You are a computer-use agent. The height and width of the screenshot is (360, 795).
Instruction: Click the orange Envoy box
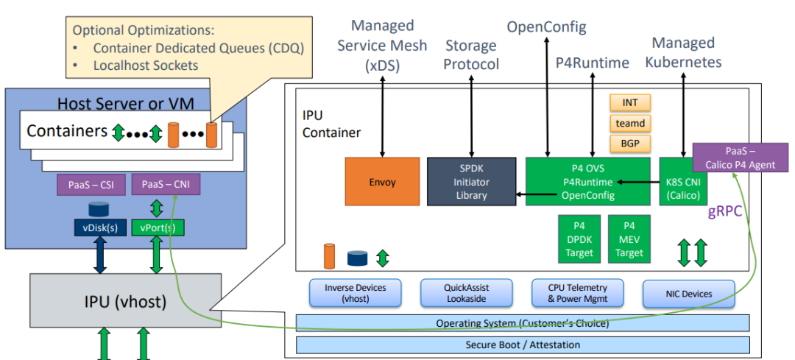[382, 180]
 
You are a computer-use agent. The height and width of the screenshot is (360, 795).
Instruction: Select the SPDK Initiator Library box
[471, 180]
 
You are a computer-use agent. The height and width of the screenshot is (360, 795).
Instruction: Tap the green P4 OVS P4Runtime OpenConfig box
[587, 180]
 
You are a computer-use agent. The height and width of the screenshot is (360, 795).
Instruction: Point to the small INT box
[629, 102]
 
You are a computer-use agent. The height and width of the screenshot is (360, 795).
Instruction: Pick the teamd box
[629, 123]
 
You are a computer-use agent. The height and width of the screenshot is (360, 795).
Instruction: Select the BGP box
[629, 143]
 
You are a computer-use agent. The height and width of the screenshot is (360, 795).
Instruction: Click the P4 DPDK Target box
[579, 239]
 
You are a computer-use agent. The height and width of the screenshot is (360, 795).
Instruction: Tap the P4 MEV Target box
[629, 239]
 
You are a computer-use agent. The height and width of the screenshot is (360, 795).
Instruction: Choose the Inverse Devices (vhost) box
[355, 293]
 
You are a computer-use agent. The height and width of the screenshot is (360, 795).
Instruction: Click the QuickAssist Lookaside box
[466, 293]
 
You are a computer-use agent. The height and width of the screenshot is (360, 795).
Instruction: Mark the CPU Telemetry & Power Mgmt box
[578, 293]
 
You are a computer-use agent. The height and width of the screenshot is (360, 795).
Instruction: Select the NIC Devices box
[688, 293]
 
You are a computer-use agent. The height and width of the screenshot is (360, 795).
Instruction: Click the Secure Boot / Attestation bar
[523, 345]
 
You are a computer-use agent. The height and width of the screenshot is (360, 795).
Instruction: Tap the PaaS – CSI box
[91, 184]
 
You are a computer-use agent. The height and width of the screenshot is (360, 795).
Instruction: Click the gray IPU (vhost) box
[124, 302]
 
